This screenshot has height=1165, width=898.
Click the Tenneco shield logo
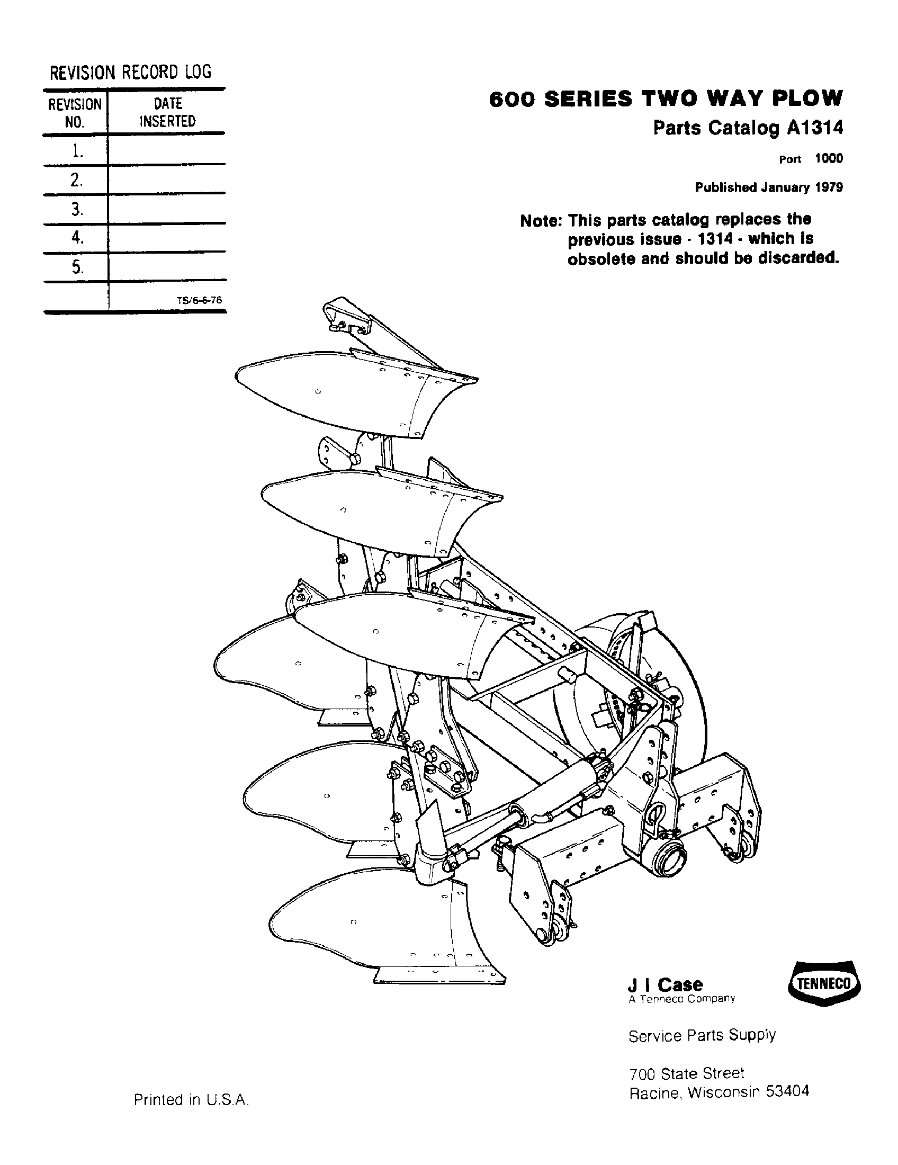823,984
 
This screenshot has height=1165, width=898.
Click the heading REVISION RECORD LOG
130,71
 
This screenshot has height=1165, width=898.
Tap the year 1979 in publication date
829,187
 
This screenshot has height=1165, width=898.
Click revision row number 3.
77,209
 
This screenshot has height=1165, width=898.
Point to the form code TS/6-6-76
199,300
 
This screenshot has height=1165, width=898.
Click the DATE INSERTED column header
167,112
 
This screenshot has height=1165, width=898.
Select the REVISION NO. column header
75,113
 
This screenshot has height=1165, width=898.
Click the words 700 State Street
686,1072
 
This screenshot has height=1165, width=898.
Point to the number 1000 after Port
829,158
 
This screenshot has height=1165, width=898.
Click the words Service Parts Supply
702,1035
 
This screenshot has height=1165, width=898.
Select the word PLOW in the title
805,98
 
